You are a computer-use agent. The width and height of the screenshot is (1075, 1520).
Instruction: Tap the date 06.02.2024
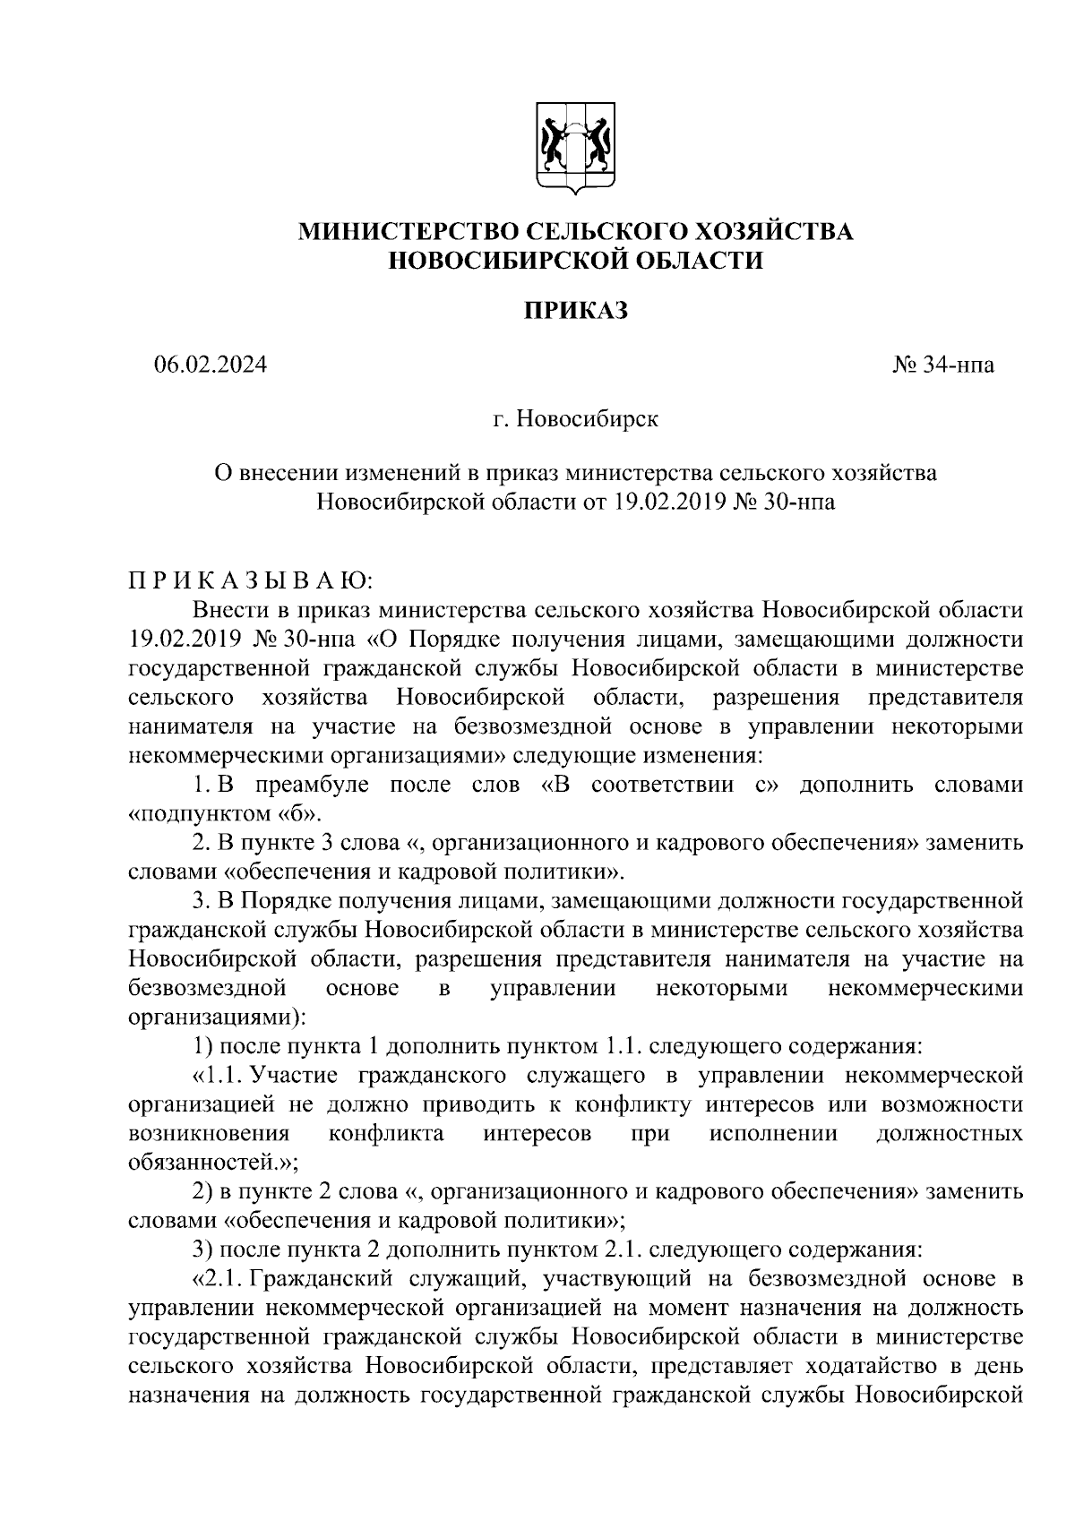pyautogui.click(x=210, y=365)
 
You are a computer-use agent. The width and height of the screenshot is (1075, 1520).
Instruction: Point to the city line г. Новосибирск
pyautogui.click(x=575, y=419)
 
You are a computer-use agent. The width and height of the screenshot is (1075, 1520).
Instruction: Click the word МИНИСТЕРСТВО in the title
pyautogui.click(x=407, y=232)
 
